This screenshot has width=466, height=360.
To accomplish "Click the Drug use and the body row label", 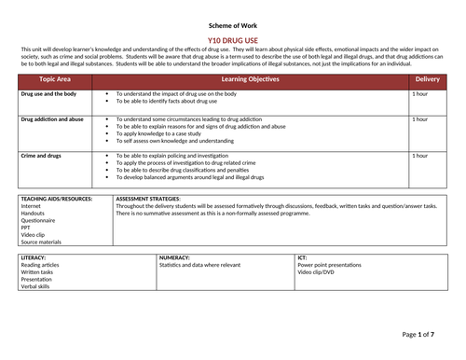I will point(49,94).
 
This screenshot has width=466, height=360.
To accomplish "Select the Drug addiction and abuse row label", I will point(52,120).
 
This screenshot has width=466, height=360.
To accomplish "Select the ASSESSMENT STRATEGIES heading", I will point(148,200).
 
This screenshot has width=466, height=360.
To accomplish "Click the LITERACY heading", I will point(34,256).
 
